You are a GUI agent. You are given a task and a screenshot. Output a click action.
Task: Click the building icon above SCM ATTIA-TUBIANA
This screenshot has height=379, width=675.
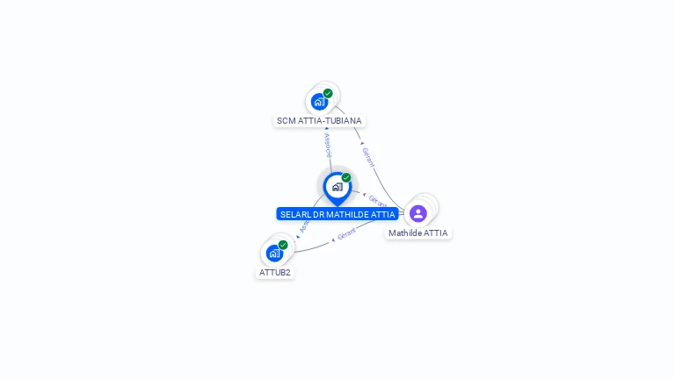[319, 101]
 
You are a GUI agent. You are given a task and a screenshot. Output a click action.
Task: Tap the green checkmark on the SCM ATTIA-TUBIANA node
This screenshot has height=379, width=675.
[328, 93]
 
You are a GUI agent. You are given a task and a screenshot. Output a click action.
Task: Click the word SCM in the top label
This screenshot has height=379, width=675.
[286, 121]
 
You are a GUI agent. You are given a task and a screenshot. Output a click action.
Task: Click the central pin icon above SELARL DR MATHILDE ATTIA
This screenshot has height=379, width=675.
[337, 187]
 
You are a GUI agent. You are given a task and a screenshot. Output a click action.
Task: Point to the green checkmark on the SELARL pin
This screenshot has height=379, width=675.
[346, 178]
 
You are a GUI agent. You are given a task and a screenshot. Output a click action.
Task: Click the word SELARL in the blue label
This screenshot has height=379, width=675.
[295, 215]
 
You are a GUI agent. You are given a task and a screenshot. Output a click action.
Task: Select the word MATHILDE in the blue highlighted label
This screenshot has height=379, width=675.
[350, 215]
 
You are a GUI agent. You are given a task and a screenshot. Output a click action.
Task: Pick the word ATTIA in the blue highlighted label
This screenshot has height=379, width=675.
[383, 215]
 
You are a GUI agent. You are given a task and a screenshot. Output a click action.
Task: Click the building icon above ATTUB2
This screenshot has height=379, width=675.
[274, 254]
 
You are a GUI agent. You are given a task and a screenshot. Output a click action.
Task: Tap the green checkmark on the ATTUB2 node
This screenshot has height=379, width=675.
[283, 245]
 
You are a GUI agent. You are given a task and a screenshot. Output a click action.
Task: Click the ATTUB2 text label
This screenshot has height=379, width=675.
[275, 273]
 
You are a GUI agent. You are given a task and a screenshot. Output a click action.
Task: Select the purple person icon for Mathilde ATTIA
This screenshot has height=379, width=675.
[418, 213]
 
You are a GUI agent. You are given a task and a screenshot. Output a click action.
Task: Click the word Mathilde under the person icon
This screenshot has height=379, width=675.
[407, 233]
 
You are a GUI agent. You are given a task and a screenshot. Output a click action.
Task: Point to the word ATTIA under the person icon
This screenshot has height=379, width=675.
[436, 233]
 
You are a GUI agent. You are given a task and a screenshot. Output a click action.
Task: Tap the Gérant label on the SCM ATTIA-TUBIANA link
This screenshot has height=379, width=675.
[368, 157]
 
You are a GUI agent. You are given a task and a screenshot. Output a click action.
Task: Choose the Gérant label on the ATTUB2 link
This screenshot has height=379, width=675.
[346, 235]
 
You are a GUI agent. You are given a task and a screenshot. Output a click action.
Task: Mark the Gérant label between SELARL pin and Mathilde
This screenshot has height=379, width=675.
[377, 201]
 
